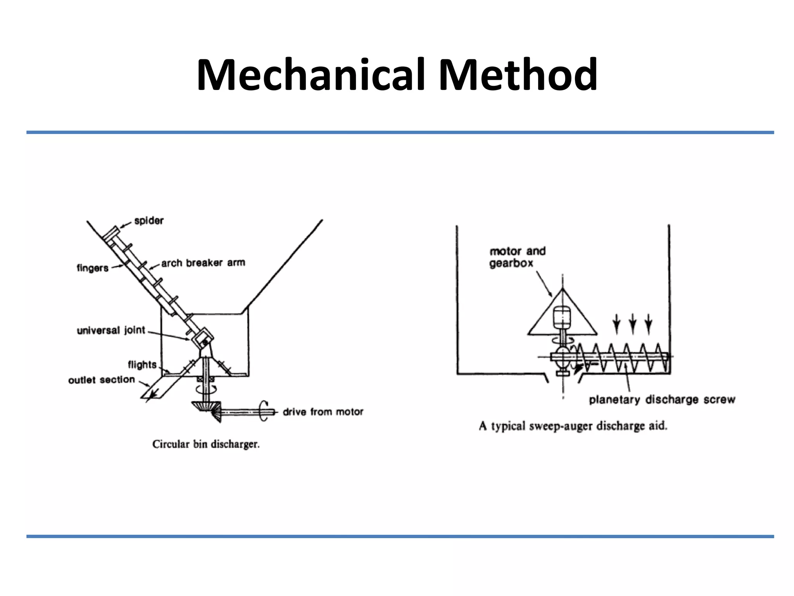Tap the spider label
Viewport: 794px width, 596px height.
coord(149,221)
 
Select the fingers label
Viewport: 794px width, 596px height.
coord(92,268)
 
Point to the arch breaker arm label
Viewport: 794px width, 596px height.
coord(203,263)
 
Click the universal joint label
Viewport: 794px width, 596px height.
coord(111,331)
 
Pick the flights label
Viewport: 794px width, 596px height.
coord(142,365)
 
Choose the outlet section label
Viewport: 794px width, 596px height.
coord(102,380)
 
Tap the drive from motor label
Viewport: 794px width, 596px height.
coord(323,412)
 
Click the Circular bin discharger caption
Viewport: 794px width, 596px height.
coord(206,444)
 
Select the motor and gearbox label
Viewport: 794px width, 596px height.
coord(517,257)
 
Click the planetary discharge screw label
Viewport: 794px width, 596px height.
coord(662,400)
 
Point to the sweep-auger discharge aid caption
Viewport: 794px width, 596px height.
coord(573,426)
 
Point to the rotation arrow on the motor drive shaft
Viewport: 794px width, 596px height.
coord(264,411)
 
